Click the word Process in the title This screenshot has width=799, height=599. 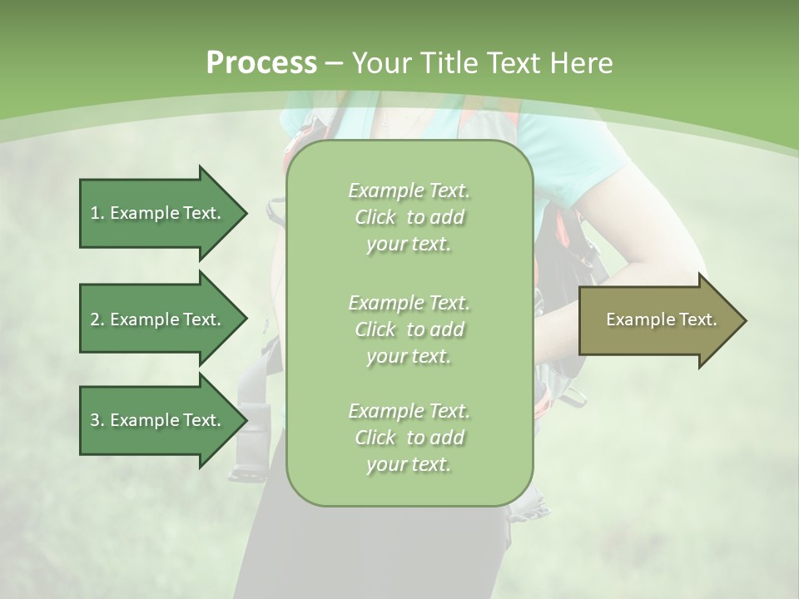261,63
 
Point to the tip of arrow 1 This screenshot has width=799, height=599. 246,213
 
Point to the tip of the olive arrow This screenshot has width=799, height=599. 745,320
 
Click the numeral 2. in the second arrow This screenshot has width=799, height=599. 97,319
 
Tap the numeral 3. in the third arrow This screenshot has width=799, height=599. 97,420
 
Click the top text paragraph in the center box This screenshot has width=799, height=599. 409,217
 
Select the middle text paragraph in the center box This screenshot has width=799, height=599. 409,329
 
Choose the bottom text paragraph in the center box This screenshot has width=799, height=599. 409,438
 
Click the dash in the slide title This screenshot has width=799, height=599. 334,63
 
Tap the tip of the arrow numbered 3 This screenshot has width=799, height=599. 246,420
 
